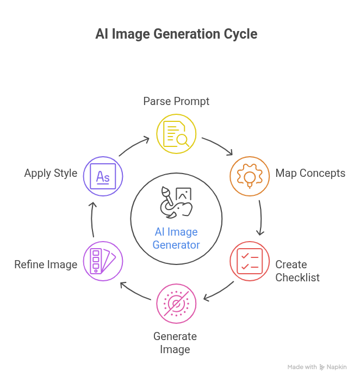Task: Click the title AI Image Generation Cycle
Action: coord(176,34)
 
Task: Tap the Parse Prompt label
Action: coord(176,101)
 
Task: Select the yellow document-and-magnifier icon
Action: coord(177,133)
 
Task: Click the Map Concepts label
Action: coord(310,174)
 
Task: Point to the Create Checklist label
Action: coord(297,270)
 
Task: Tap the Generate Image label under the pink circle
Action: coord(175,342)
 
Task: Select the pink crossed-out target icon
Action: coord(176,304)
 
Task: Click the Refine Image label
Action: coord(46,265)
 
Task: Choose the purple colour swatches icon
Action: coord(103,261)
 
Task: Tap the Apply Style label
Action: coord(51,174)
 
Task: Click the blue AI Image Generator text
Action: coord(176,238)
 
